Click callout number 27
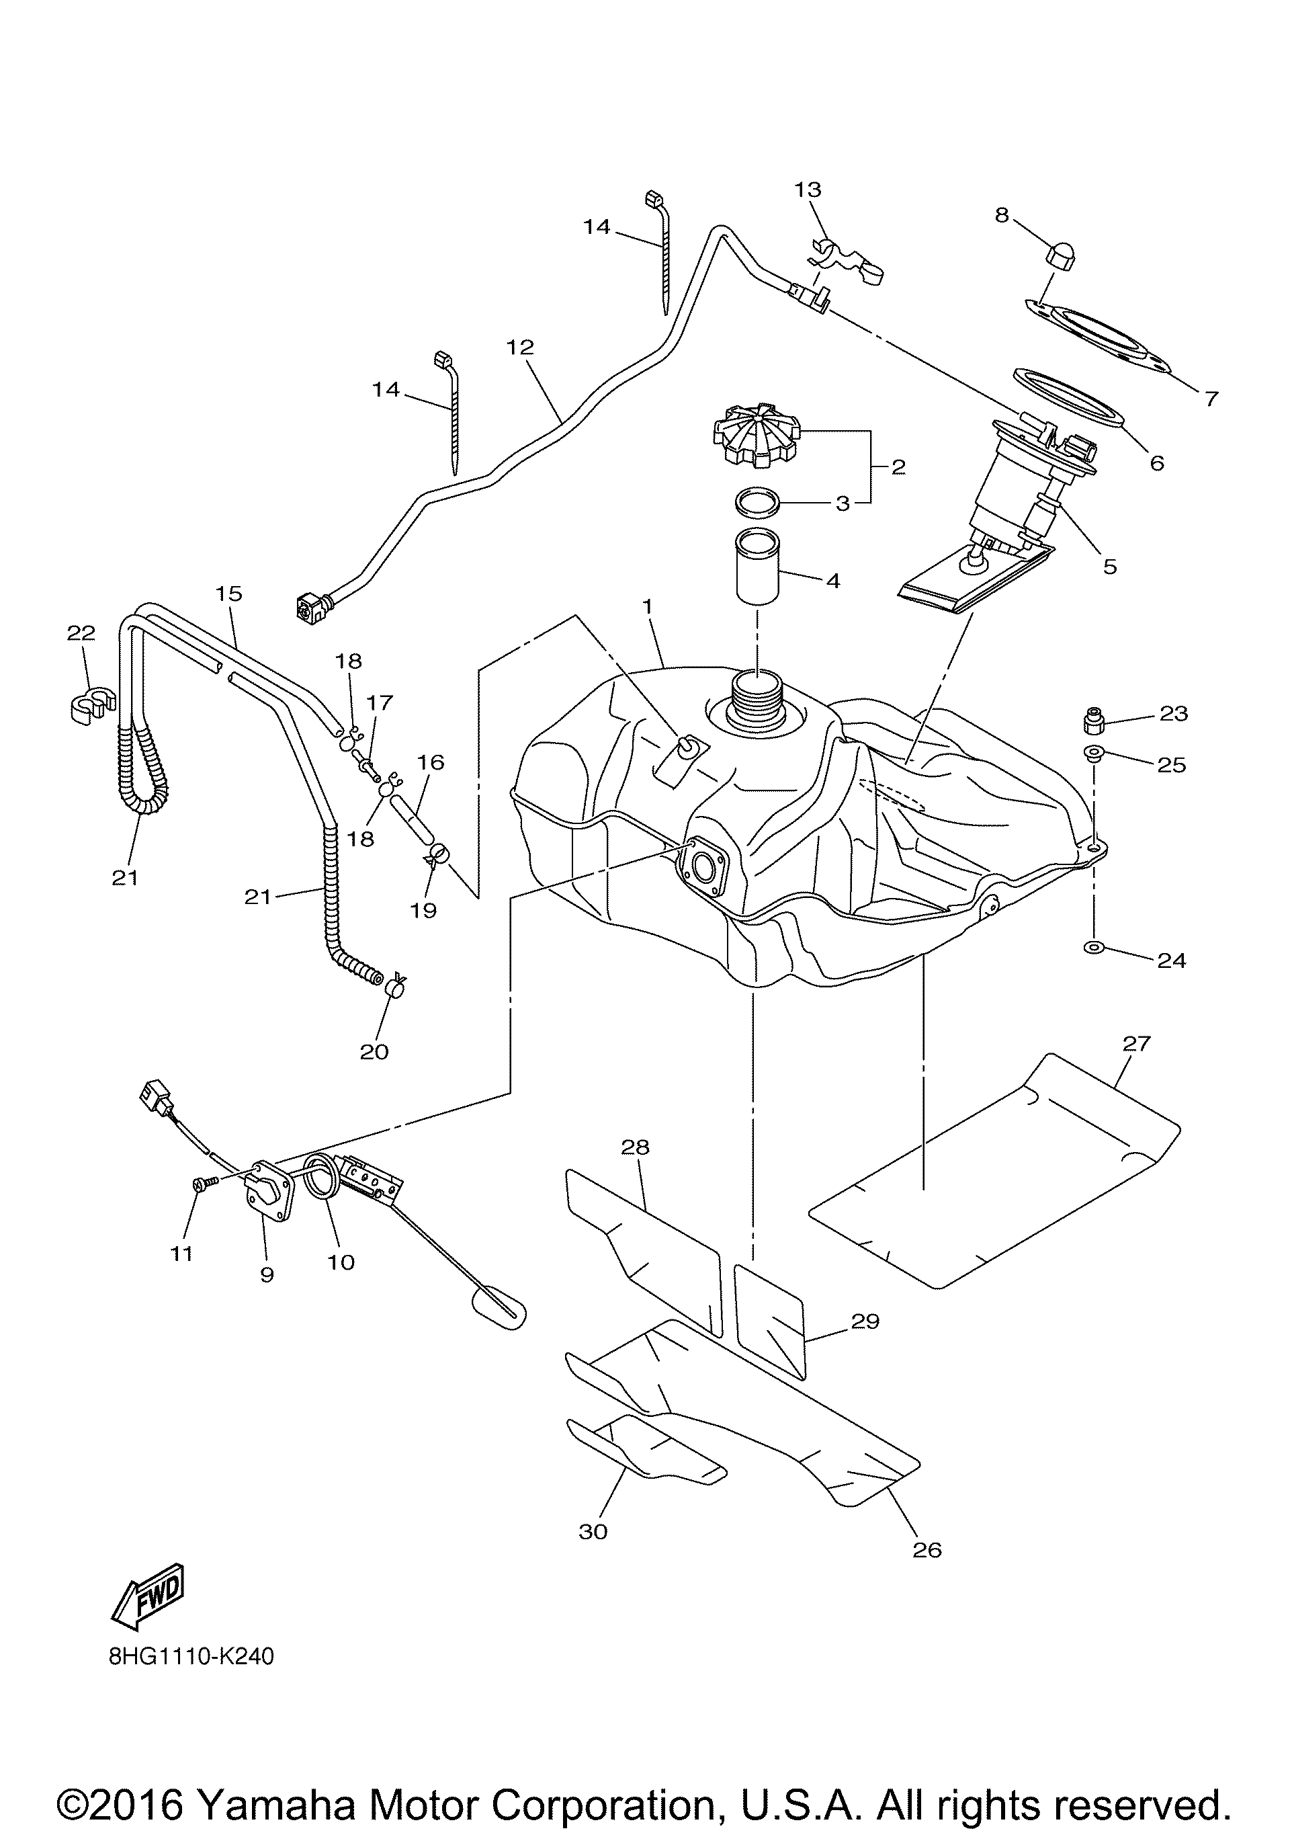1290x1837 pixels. (1135, 1043)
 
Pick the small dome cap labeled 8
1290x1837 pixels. (1060, 257)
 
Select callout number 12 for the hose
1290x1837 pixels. (520, 348)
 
